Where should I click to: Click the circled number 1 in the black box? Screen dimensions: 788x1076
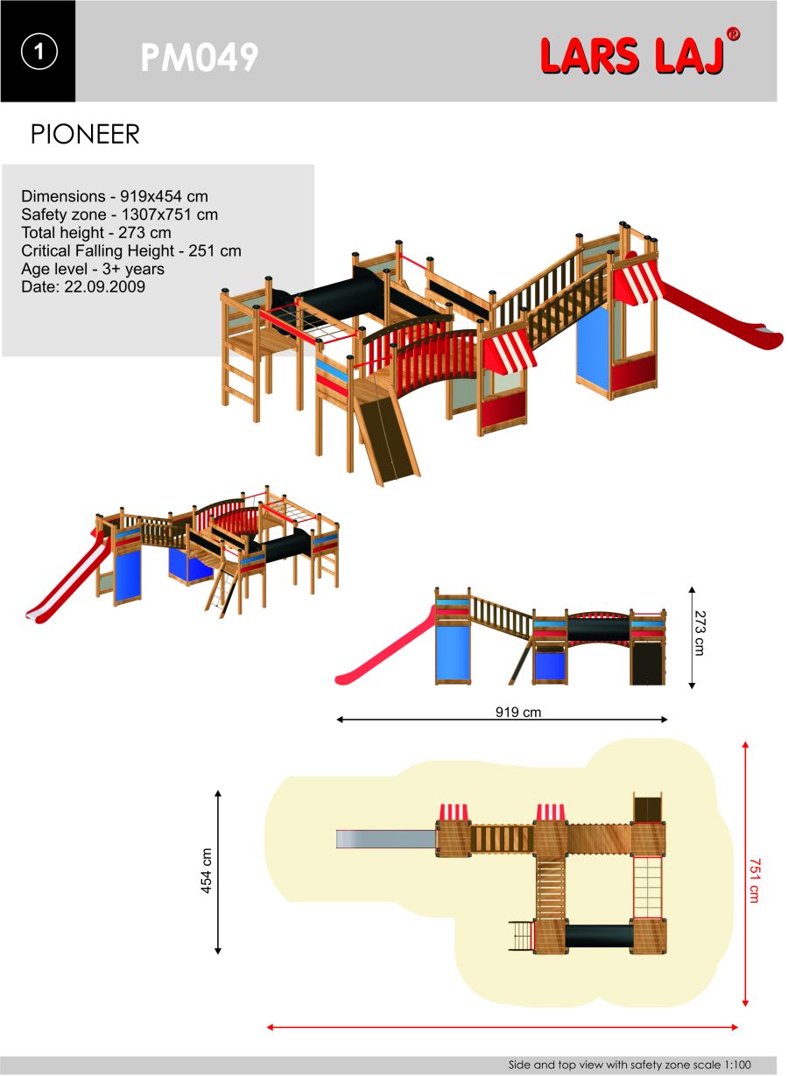click(39, 52)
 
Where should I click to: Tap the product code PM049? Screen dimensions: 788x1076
click(200, 57)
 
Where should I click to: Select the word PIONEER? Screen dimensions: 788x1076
click(85, 134)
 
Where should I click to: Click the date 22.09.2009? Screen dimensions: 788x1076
click(104, 287)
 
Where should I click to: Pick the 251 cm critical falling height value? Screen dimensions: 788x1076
click(215, 250)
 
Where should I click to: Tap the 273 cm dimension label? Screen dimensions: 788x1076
click(700, 633)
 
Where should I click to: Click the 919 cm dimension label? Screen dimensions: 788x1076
click(518, 712)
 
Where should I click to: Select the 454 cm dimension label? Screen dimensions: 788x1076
click(206, 870)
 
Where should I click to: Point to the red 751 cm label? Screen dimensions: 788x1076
click(754, 881)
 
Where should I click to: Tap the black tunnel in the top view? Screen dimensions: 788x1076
click(599, 936)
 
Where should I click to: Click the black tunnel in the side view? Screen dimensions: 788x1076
click(598, 629)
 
